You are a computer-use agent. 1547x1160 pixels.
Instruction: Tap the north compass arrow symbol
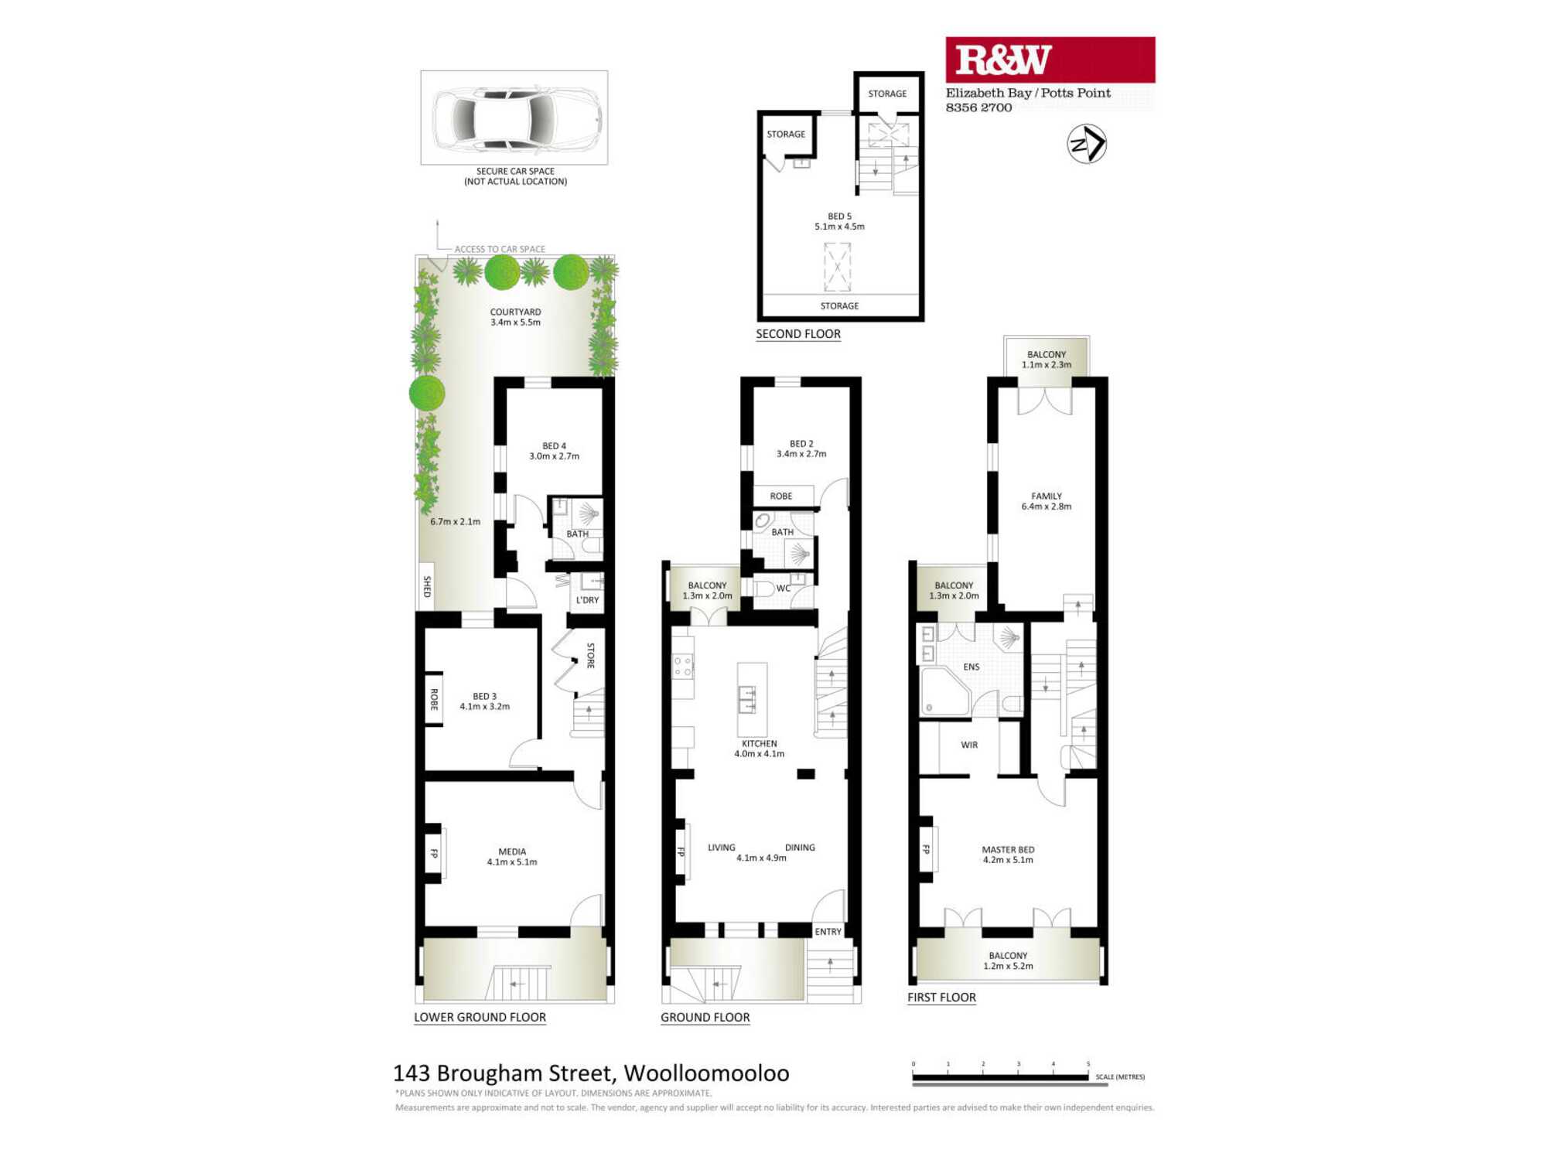point(1087,144)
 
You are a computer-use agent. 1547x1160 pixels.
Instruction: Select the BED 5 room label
point(839,217)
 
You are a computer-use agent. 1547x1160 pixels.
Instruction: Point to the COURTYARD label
point(515,312)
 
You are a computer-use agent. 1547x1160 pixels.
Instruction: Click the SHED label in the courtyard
point(427,586)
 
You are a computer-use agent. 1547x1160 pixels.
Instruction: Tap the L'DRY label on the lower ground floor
point(587,600)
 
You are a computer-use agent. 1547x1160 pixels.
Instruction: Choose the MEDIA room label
point(512,851)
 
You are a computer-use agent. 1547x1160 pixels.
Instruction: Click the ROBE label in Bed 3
point(434,700)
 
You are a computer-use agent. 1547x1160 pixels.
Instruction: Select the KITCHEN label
point(759,744)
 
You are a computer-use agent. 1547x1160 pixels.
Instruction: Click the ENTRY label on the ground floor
point(828,932)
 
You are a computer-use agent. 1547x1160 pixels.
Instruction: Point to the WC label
point(783,589)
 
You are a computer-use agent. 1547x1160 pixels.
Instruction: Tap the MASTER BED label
point(1008,850)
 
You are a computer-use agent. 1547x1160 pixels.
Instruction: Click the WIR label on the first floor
point(969,745)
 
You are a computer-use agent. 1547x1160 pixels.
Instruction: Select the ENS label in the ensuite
point(972,667)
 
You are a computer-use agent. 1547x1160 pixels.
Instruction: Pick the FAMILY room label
point(1047,496)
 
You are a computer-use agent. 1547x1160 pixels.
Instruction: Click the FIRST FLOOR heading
point(941,998)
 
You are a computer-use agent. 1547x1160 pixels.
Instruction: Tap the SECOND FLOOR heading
point(798,334)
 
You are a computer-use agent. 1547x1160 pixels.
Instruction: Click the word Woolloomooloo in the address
point(706,1073)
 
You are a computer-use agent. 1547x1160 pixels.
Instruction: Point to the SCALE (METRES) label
point(1120,1077)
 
